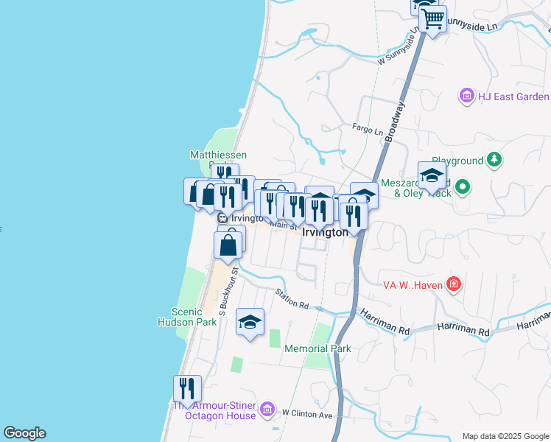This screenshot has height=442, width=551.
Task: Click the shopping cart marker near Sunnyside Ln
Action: point(432,19)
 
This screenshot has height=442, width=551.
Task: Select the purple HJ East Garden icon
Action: point(466,96)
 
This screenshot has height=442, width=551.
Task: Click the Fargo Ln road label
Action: point(368,131)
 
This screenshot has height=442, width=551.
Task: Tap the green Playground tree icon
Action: point(496,160)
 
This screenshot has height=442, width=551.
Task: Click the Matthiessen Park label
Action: point(218,155)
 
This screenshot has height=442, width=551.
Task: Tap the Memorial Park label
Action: point(317,348)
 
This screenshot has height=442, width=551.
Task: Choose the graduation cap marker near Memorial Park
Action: point(250,321)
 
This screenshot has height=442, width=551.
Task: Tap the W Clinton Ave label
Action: point(307,414)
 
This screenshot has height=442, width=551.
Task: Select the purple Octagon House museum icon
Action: point(267,410)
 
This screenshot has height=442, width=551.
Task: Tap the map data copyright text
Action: point(505,436)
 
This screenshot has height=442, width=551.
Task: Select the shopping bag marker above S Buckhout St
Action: point(229,244)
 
